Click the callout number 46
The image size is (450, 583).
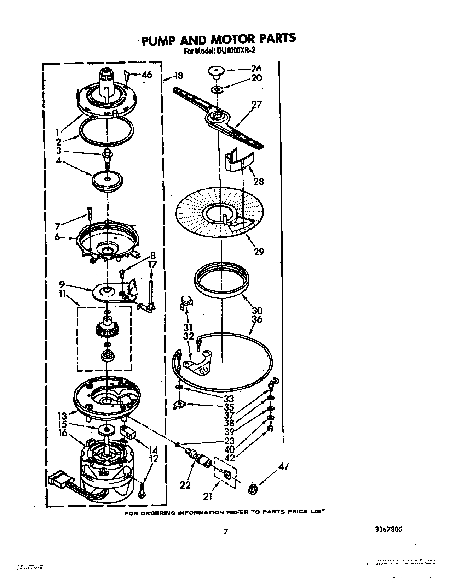[x=147, y=75]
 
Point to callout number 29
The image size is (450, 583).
[x=259, y=252]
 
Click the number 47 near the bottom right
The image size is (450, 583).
[x=284, y=466]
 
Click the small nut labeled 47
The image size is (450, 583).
[x=253, y=489]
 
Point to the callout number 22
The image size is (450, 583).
[x=185, y=485]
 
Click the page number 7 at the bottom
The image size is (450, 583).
[x=225, y=531]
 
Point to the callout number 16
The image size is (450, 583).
[x=63, y=433]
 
